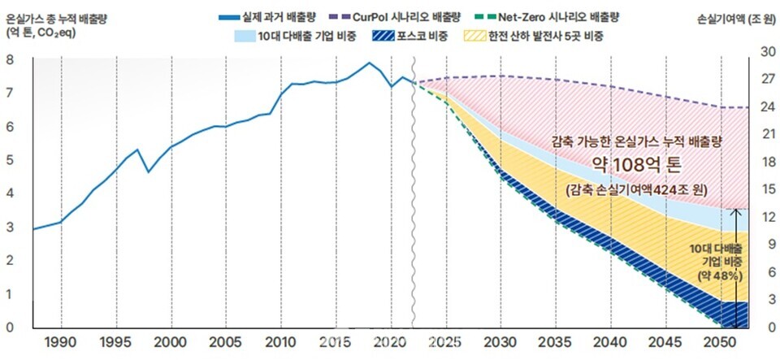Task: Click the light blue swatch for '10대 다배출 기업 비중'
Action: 244,36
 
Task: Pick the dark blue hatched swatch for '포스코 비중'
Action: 381,36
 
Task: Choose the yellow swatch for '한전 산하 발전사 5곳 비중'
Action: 473,36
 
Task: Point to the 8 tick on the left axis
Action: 10,59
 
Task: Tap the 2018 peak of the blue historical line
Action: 369,63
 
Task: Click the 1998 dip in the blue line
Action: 148,171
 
